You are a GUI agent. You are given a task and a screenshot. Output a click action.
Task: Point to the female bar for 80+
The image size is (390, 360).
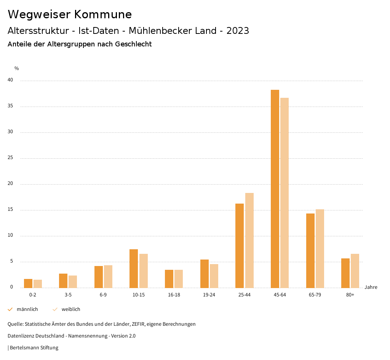(x=355, y=271)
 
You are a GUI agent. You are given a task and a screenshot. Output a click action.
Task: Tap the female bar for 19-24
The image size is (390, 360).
(x=214, y=276)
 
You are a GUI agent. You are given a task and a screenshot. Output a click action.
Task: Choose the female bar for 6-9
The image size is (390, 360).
(x=108, y=276)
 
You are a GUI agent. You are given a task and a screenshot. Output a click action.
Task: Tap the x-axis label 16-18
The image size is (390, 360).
(x=174, y=295)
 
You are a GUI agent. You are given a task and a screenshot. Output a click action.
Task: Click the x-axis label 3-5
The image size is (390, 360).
(x=68, y=295)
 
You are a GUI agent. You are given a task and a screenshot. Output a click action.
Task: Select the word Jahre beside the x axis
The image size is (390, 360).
(x=371, y=287)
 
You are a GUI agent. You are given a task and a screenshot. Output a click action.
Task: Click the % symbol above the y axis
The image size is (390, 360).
(x=17, y=68)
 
